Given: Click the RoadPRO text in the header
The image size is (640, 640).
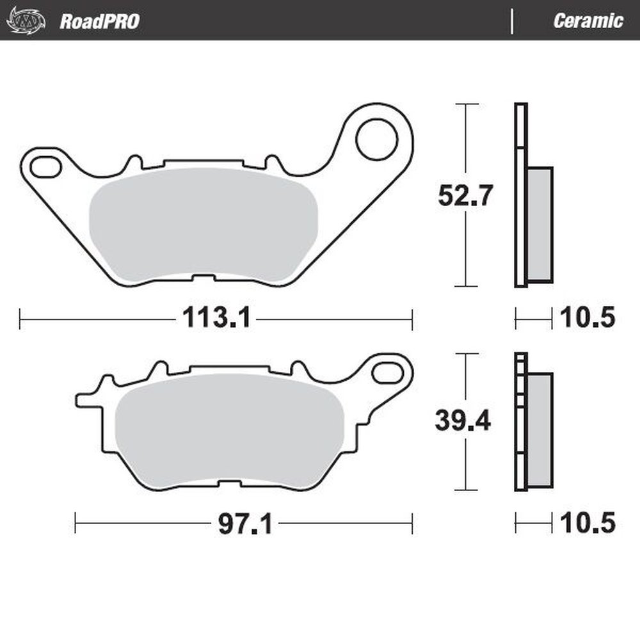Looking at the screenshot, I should (99, 21).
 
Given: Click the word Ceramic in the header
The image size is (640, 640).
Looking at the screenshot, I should (588, 21).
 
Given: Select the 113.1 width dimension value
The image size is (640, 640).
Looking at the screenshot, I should (216, 317).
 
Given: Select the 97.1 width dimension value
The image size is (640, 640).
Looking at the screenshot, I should (245, 525).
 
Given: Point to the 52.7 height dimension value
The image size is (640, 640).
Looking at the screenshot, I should (465, 195).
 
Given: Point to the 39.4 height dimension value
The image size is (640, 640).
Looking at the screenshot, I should (463, 420).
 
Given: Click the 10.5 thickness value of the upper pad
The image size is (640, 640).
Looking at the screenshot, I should (587, 317).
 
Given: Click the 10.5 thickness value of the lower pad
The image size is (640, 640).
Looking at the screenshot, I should (587, 524).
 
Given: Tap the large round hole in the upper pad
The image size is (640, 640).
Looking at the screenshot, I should (377, 140).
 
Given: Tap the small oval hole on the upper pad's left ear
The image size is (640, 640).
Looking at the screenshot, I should (44, 166).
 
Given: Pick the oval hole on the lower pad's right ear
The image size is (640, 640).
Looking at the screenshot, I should (386, 372).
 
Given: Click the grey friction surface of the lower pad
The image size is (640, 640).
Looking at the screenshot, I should (230, 429).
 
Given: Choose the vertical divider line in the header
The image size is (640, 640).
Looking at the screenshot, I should (511, 20).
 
